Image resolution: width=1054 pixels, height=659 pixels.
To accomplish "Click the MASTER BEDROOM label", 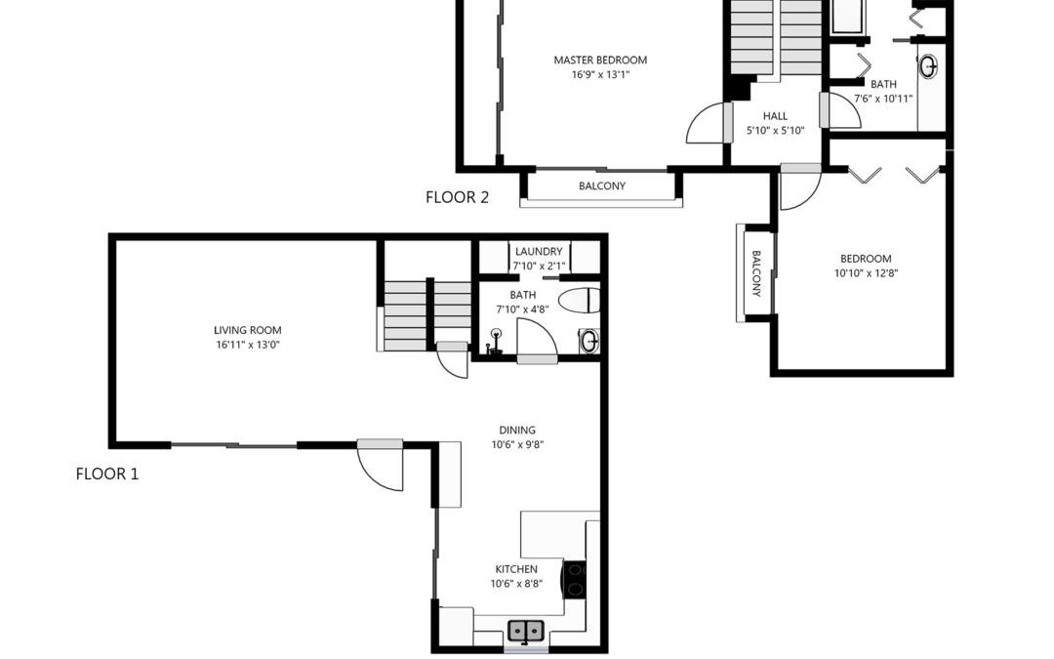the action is pyautogui.click(x=600, y=60).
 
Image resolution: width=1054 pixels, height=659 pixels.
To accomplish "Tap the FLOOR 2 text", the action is pyautogui.click(x=457, y=197).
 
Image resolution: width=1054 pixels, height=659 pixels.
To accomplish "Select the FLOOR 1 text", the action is pyautogui.click(x=107, y=474).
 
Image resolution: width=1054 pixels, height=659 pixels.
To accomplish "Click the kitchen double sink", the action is pyautogui.click(x=526, y=631).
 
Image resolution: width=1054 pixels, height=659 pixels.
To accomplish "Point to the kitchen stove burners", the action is pyautogui.click(x=575, y=580).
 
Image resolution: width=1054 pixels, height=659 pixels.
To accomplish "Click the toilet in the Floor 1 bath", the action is pyautogui.click(x=579, y=301).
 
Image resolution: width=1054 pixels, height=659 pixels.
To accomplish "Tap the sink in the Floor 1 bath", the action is pyautogui.click(x=588, y=341).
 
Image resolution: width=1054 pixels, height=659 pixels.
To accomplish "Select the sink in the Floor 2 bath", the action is pyautogui.click(x=928, y=66).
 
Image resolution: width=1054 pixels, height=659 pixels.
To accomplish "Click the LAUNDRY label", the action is pyautogui.click(x=539, y=252).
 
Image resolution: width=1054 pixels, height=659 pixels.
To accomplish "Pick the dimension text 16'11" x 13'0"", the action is pyautogui.click(x=247, y=345).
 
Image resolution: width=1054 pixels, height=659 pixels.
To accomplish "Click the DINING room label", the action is pyautogui.click(x=517, y=430).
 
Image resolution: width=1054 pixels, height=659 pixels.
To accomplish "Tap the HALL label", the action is pyautogui.click(x=775, y=116).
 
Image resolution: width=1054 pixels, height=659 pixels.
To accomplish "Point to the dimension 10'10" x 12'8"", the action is pyautogui.click(x=866, y=273).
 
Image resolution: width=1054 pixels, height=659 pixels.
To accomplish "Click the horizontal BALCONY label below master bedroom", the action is pyautogui.click(x=602, y=185).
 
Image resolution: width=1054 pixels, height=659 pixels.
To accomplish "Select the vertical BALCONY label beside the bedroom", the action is pyautogui.click(x=755, y=273).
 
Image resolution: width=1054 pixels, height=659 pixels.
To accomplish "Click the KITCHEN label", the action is pyautogui.click(x=516, y=569).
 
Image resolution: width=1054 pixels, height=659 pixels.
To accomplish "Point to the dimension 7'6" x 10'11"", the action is pyautogui.click(x=883, y=99).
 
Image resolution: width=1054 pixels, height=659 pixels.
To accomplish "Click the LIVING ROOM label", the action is pyautogui.click(x=247, y=330).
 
